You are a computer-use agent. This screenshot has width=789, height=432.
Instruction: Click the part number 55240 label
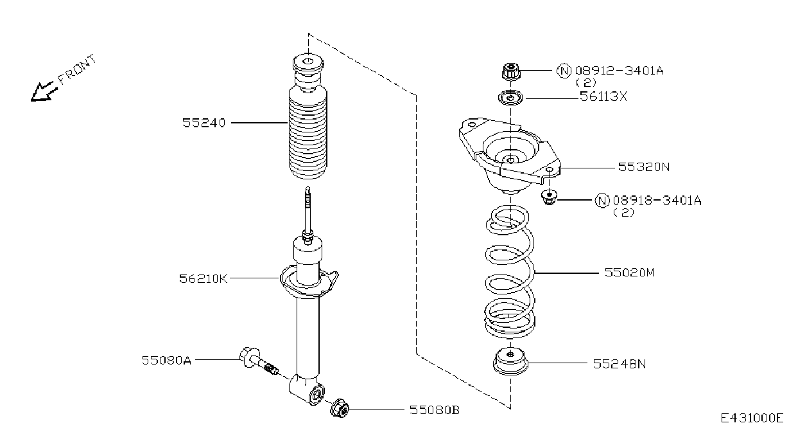(204, 123)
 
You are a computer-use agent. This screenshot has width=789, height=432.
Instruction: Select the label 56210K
(204, 278)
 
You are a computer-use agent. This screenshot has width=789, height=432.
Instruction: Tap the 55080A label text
(166, 360)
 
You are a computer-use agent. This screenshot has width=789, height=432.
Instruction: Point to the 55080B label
(435, 410)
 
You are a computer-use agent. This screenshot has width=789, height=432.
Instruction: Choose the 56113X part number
(603, 96)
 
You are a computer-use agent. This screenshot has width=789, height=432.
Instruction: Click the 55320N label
(644, 166)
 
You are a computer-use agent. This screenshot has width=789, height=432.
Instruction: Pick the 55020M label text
(629, 272)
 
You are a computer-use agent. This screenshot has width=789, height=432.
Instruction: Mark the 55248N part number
(620, 364)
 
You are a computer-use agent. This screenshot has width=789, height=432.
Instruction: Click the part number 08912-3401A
(620, 71)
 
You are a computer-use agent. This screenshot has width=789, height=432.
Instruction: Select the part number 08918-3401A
(657, 201)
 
